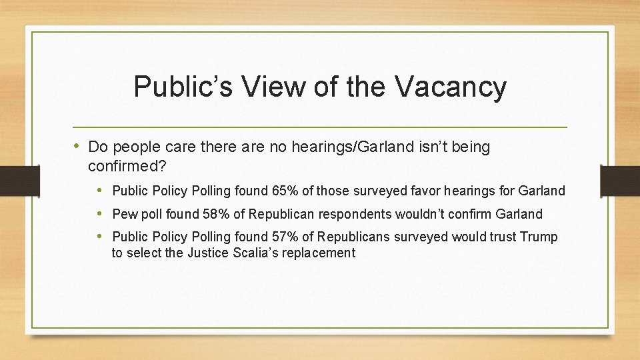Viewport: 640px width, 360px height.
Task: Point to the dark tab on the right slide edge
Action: (620, 181)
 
